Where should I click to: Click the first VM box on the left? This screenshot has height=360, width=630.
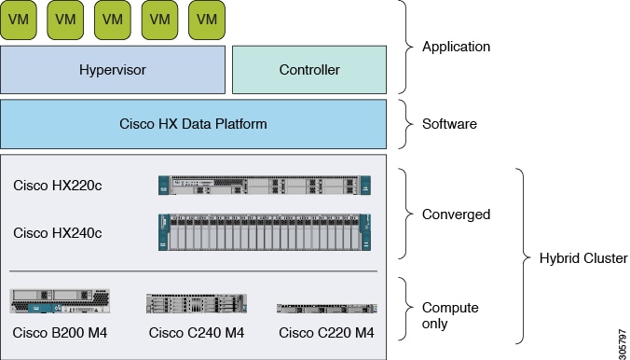pos(19,20)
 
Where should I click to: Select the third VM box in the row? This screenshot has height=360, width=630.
pos(113,20)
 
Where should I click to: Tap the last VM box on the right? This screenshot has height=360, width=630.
pos(207,20)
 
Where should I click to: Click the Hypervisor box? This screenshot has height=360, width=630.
pos(113,70)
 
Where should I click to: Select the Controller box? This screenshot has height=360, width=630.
pos(308,70)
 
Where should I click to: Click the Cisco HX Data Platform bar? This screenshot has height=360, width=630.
pos(193,124)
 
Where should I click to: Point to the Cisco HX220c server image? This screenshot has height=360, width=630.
pos(265,185)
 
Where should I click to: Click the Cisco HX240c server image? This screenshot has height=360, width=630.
pos(265,232)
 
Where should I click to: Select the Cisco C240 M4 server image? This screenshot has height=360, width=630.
pos(196,303)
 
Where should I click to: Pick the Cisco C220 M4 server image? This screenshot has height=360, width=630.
pos(326,308)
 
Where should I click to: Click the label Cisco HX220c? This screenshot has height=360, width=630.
pos(57,185)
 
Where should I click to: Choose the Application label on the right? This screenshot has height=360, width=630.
pos(456,47)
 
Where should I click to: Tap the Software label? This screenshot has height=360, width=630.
pos(449,124)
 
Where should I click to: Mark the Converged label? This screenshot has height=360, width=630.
pos(456,215)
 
